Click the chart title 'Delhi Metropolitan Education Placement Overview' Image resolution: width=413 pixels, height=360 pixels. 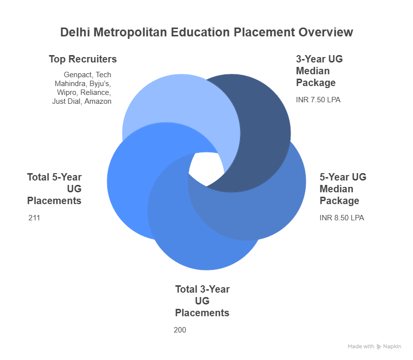click(206, 32)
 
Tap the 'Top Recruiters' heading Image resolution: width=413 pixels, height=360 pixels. click(83, 59)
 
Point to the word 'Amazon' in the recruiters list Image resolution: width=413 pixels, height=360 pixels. click(99, 101)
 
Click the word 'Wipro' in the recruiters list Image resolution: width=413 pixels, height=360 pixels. click(66, 92)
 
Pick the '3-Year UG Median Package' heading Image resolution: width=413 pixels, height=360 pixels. click(319, 71)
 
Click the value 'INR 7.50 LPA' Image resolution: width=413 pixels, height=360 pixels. click(318, 100)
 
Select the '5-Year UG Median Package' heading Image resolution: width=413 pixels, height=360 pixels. click(343, 189)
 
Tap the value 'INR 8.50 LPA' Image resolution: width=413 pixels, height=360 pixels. click(342, 218)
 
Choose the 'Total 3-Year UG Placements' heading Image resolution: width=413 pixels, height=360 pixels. click(202, 301)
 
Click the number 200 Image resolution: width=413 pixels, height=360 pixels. click(180, 330)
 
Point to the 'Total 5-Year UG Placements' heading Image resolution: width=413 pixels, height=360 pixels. click(55, 189)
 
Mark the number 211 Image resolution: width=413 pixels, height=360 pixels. click(34, 218)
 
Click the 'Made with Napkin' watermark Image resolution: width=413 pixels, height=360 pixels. click(374, 347)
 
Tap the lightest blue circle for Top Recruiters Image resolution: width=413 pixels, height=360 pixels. click(162, 103)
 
